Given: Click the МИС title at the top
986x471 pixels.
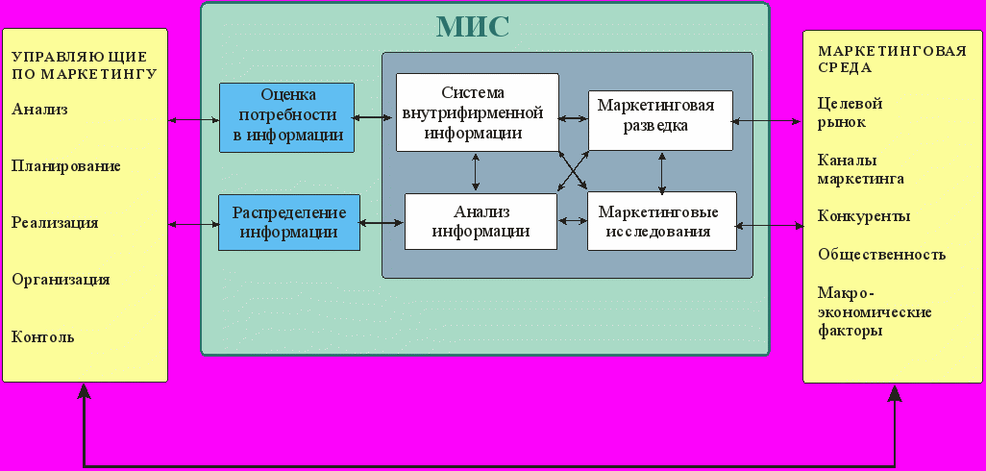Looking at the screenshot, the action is click(472, 27).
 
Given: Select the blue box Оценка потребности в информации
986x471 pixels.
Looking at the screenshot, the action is click(286, 117).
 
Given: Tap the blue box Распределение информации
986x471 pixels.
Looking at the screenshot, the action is click(289, 223).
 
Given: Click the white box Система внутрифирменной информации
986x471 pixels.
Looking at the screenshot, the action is click(478, 112).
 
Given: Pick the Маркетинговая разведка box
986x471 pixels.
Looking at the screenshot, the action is click(660, 120).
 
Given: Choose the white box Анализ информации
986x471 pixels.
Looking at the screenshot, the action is click(481, 221).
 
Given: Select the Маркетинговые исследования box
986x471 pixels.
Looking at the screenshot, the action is click(662, 221).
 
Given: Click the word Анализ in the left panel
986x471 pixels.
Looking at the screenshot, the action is click(39, 110).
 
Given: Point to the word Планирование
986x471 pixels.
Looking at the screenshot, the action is click(66, 166).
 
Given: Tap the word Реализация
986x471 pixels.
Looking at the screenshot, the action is click(55, 223).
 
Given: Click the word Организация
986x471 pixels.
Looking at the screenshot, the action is click(61, 280).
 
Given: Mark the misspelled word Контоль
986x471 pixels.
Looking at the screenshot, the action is click(42, 337).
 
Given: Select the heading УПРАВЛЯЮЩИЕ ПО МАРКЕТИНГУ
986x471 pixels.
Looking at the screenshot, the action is click(85, 65).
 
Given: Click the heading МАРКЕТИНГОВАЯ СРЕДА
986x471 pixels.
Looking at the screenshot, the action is click(892, 59).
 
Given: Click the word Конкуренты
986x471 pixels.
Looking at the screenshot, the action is click(864, 217).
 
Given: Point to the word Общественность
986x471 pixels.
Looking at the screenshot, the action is click(881, 255).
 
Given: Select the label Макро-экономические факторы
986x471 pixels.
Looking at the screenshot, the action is click(875, 311).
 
